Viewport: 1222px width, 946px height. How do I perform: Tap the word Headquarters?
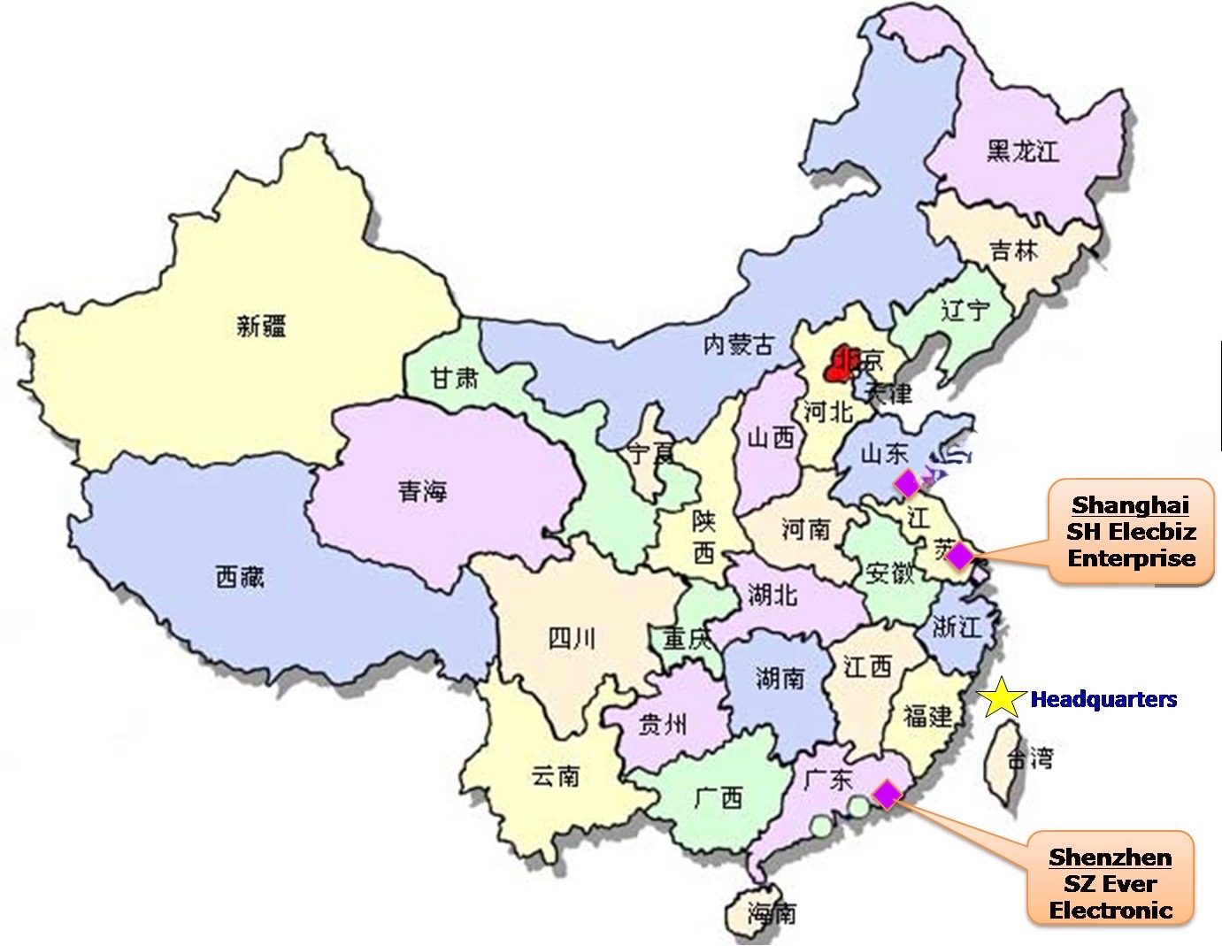click(1103, 700)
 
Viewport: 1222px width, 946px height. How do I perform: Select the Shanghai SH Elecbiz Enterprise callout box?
click(1131, 532)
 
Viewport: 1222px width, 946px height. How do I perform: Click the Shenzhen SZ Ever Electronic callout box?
click(1111, 883)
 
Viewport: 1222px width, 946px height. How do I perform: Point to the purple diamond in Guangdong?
click(886, 795)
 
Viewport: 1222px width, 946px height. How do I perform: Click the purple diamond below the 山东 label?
click(907, 484)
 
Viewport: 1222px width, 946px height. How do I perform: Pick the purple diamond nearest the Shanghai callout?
click(959, 557)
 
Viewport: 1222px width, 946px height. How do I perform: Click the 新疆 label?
click(261, 327)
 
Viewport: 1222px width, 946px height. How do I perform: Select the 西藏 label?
click(240, 578)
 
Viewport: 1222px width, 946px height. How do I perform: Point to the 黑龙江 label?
click(1022, 151)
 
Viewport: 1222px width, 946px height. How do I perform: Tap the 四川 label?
click(572, 637)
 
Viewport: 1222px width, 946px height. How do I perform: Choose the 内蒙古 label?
click(738, 344)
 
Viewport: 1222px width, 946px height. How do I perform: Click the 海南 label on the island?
click(772, 912)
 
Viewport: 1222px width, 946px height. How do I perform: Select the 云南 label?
click(556, 775)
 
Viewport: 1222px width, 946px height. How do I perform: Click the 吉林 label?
click(1014, 250)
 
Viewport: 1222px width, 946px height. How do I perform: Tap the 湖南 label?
click(780, 678)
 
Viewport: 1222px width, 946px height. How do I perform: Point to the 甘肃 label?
click(455, 378)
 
